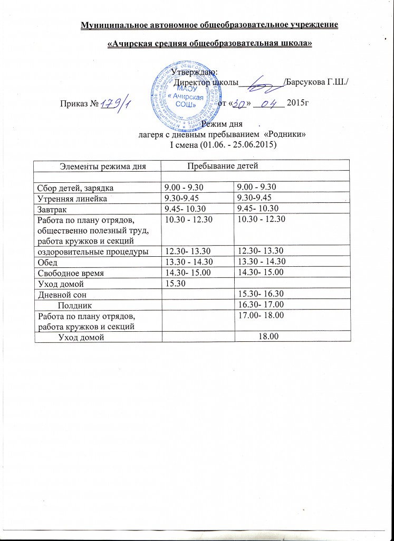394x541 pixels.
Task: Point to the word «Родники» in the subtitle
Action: (x=287, y=135)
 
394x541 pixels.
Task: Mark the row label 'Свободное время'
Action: (x=69, y=273)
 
